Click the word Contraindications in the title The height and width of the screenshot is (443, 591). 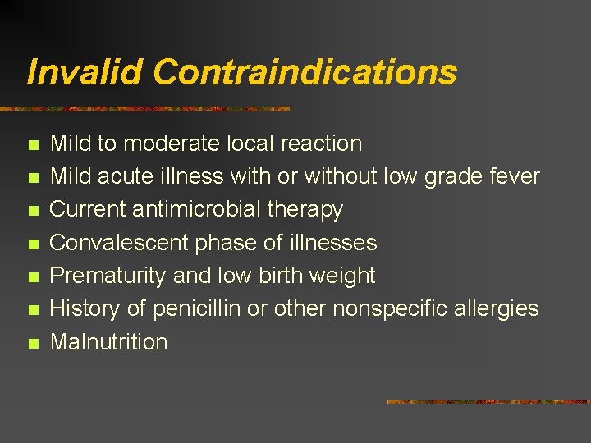coord(305,72)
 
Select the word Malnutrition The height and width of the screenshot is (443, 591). coord(109,342)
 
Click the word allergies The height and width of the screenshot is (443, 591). coord(499,308)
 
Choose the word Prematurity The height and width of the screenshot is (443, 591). coord(109,276)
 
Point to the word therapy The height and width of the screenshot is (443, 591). coord(305,210)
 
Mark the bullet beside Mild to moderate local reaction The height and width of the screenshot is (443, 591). coord(33,145)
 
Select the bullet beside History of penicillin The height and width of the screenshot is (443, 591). coord(33,310)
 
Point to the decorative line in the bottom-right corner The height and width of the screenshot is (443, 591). coord(488,402)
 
